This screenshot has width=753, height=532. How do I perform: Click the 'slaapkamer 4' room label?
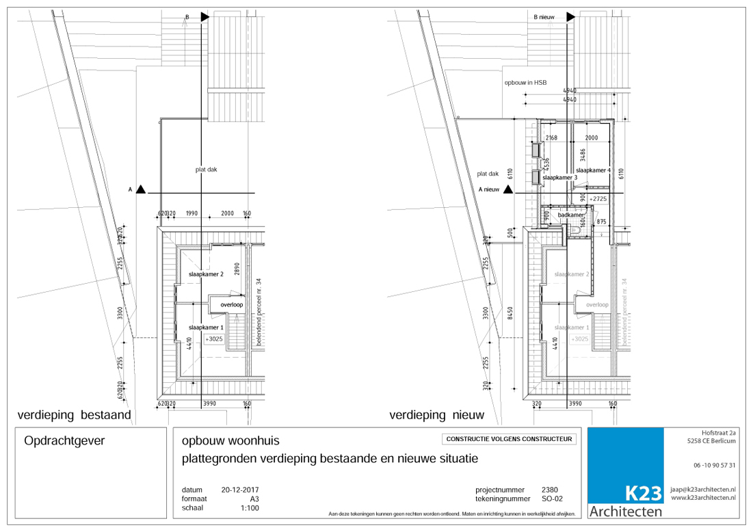tap(592, 170)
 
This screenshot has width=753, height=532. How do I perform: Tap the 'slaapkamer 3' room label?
tap(559, 178)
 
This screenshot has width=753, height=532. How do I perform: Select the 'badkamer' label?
tap(570, 215)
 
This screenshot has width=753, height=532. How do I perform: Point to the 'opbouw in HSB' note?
tap(525, 82)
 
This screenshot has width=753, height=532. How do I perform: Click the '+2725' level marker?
tap(598, 198)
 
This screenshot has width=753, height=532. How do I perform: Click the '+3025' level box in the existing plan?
tap(215, 338)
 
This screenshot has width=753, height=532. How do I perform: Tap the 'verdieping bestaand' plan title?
tap(74, 415)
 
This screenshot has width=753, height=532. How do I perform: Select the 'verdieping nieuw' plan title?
tap(436, 415)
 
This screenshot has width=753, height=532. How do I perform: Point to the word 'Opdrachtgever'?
tap(64, 442)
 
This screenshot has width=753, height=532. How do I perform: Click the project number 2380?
tap(549, 490)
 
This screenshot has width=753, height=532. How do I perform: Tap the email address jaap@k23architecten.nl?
tap(703, 490)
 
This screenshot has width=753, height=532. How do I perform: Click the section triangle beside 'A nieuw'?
tap(507, 189)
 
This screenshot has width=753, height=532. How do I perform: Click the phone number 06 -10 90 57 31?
tap(714, 466)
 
